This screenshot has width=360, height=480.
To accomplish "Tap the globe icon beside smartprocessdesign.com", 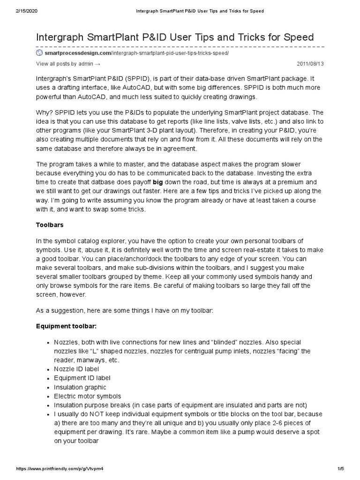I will pyautogui.click(x=39, y=53).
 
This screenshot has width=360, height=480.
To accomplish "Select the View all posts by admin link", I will pyautogui.click(x=68, y=63).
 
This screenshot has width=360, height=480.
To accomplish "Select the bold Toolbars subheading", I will pyautogui.click(x=50, y=225).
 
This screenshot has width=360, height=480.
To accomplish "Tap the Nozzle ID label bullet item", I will pyautogui.click(x=76, y=369).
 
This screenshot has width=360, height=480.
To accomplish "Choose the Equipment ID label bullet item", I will pyautogui.click(x=82, y=378).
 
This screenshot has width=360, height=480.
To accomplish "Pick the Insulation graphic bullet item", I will pyautogui.click(x=80, y=387).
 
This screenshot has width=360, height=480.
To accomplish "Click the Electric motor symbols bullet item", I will pyautogui.click(x=87, y=396).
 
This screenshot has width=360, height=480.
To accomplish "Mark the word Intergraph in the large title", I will pyautogui.click(x=63, y=37).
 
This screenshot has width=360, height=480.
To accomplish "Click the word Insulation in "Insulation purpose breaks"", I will pyautogui.click(x=68, y=405).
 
